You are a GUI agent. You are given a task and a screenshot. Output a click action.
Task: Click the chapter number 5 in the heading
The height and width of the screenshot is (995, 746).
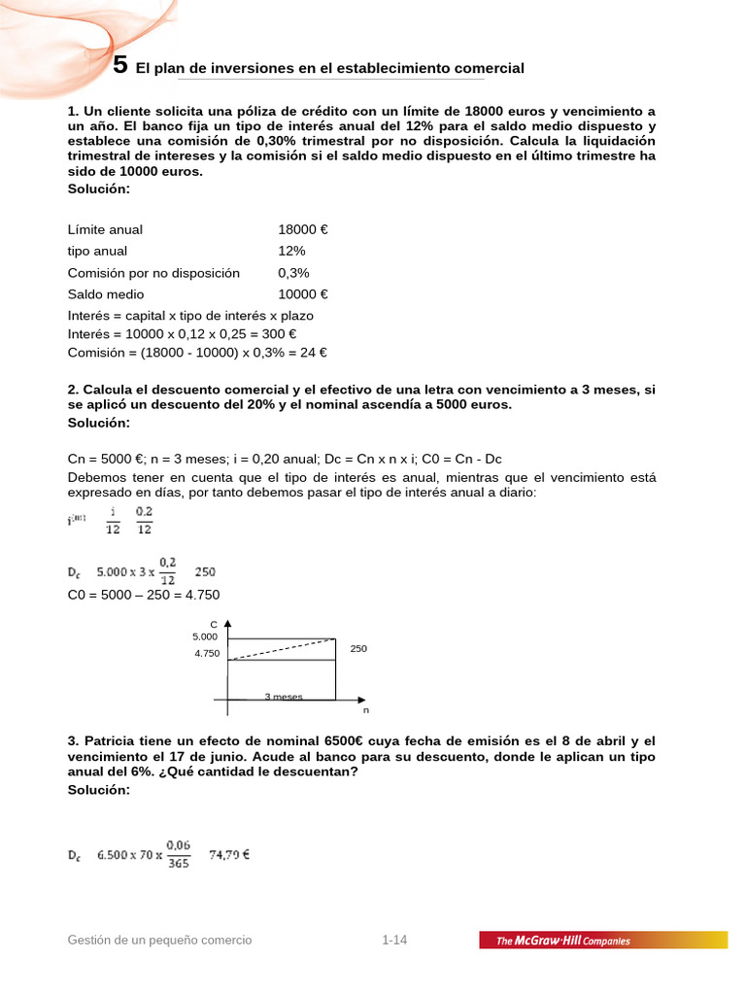tap(119, 66)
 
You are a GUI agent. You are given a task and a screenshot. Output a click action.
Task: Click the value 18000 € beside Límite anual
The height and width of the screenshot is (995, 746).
tap(302, 229)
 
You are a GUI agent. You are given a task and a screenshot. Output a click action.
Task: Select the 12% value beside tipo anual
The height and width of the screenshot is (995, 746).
tap(291, 251)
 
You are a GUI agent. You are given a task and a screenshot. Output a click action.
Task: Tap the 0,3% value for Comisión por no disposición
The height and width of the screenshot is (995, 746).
tap(293, 273)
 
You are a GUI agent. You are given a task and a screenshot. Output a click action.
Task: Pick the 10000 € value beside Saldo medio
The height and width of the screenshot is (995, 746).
tap(302, 294)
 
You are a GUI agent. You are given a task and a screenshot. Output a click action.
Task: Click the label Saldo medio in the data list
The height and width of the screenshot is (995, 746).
tap(106, 294)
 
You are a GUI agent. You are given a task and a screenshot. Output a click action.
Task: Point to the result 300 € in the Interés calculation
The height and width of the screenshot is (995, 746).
tap(308, 333)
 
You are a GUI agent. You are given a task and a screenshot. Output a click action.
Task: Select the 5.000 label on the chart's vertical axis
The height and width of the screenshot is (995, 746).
tap(205, 636)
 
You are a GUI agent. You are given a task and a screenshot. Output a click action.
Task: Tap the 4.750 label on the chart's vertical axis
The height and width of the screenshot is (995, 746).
tap(207, 654)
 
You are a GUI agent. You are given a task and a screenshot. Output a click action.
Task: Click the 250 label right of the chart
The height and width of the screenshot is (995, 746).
tap(358, 648)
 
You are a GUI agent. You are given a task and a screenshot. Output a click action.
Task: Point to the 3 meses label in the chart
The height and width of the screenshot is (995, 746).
tap(284, 697)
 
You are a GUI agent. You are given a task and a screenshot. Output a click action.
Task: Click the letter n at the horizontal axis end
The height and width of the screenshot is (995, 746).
tap(366, 710)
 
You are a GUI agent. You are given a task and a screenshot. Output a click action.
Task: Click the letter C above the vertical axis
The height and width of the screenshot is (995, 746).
tap(213, 624)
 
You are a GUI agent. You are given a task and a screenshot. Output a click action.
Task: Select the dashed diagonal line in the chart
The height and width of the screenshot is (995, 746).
tap(282, 649)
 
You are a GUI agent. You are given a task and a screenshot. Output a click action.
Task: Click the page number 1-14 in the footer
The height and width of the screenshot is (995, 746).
tap(394, 940)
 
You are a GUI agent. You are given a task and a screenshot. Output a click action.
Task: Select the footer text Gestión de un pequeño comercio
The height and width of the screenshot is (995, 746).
tap(159, 940)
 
